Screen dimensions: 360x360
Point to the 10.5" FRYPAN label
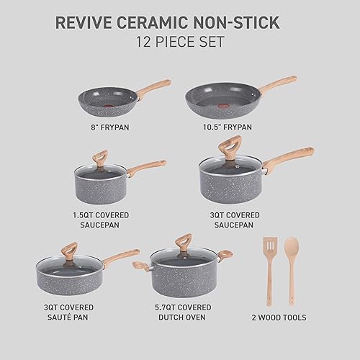[x=227, y=127]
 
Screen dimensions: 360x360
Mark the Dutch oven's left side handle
[x=140, y=266]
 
